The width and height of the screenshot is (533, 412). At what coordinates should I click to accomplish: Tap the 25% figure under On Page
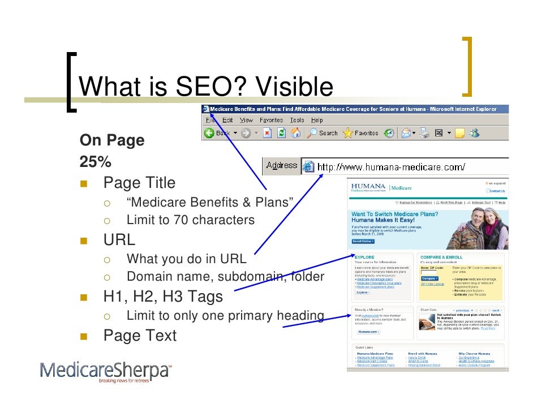pos(96,162)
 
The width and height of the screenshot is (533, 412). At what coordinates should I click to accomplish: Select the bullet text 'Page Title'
pos(139,183)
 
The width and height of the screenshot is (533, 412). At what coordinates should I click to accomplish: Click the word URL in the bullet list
pos(119,239)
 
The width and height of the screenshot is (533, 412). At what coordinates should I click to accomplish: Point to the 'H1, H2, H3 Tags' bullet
pos(163,297)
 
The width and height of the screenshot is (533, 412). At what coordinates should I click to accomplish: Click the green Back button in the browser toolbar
pos(209,134)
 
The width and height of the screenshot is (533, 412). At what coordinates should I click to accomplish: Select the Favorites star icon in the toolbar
pos(347,134)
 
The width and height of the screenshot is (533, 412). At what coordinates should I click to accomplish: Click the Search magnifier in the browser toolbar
pos(312,134)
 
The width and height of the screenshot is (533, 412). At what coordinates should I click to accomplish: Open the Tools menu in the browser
pos(296,120)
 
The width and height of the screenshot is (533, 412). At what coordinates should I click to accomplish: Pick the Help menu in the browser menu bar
pos(317,120)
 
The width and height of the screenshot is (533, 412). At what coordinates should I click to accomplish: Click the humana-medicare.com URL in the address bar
pos(391,166)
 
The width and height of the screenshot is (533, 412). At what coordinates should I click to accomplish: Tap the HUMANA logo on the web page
pos(368,187)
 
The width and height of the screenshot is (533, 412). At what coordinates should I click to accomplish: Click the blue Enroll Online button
pos(363,241)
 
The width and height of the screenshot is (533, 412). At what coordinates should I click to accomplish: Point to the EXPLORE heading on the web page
pos(364,257)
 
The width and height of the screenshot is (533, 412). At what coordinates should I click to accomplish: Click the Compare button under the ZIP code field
pos(429,278)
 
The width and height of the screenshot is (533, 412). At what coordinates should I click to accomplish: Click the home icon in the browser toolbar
pos(295,134)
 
